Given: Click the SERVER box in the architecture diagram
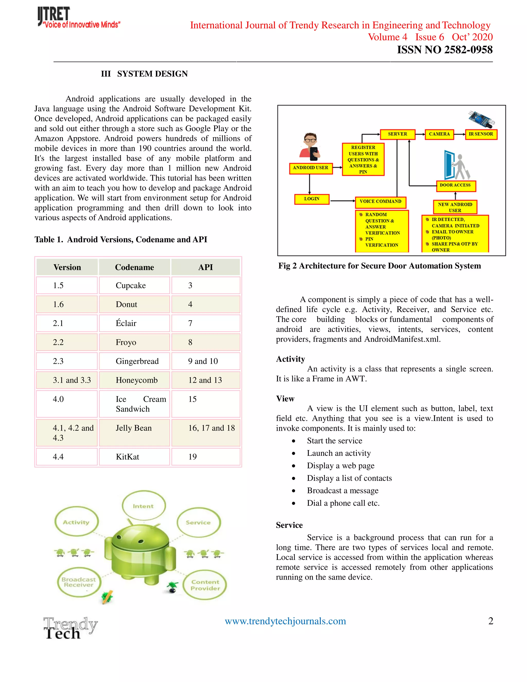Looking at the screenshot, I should pyautogui.click(x=397, y=134).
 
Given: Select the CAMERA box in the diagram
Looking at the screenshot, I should pyautogui.click(x=439, y=134).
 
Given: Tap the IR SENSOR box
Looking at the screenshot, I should pyautogui.click(x=481, y=134).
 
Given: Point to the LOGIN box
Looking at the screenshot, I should pyautogui.click(x=312, y=199).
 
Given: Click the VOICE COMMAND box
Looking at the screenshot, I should pyautogui.click(x=380, y=202).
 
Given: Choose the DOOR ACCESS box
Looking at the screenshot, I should pyautogui.click(x=455, y=186).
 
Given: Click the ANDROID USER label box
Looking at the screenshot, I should pyautogui.click(x=310, y=168).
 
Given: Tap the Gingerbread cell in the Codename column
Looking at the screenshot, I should pyautogui.click(x=137, y=361).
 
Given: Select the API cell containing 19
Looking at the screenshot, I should pyautogui.click(x=193, y=457).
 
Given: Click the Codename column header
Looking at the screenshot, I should pyautogui.click(x=135, y=267).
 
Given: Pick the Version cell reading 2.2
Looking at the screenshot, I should pyautogui.click(x=58, y=342).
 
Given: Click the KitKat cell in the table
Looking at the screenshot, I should pyautogui.click(x=128, y=457).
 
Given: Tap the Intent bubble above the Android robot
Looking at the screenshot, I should pyautogui.click(x=143, y=506).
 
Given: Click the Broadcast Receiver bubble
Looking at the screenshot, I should pyautogui.click(x=79, y=582).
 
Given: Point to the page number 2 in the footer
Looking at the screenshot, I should pyautogui.click(x=490, y=621).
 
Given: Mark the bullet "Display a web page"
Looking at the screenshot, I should pyautogui.click(x=341, y=466).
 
